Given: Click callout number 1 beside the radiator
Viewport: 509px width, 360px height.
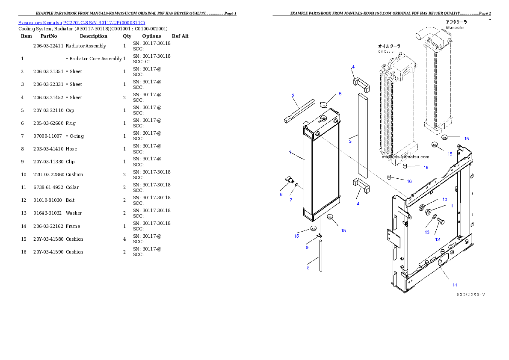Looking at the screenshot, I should coord(290,152).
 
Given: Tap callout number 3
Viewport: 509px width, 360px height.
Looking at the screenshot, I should coord(350,141).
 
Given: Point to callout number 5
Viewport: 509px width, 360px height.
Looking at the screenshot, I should coord(340,93).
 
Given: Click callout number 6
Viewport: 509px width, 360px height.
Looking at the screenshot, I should coord(281,194).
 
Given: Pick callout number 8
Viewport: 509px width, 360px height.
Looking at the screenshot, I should coord(308,268).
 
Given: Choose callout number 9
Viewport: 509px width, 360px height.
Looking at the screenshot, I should coord(307,248).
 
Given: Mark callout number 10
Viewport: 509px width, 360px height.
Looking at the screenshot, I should coord(444,199).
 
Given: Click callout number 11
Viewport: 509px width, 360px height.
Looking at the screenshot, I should coord(453,206).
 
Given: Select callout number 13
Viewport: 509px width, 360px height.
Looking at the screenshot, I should coord(427,232).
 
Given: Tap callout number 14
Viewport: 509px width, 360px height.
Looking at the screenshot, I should coord(455,284).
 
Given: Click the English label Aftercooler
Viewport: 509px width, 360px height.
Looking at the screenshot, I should coord(455,27).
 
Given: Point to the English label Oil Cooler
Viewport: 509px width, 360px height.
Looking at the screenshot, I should coord(386,51).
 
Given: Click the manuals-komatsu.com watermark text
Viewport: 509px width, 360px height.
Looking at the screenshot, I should coord(405,156).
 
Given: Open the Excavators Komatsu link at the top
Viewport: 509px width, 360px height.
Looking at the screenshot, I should coord(81,22).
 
